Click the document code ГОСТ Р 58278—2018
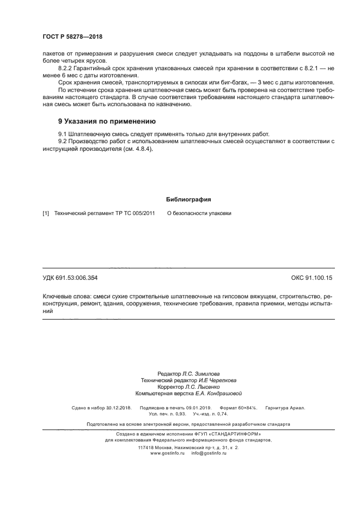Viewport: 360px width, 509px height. tap(72, 37)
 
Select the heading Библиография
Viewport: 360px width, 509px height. tap(180, 199)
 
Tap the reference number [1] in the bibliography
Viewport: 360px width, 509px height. tap(46, 213)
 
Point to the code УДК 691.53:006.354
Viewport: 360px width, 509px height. tap(70, 278)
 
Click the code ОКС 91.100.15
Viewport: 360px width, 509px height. tap(312, 278)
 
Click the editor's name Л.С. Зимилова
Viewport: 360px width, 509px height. tap(201, 375)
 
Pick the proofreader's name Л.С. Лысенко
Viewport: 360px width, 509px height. tap(204, 387)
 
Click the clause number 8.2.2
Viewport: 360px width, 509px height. tap(66, 67)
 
